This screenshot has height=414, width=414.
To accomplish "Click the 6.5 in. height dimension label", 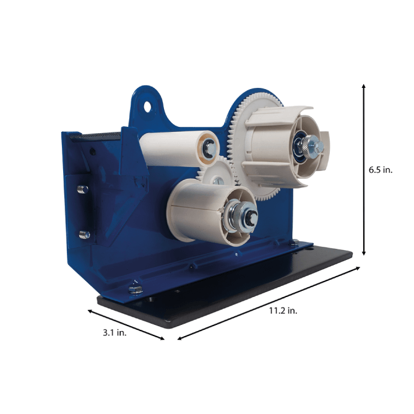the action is [x=381, y=170].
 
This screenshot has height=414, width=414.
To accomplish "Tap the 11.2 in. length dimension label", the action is [x=283, y=311].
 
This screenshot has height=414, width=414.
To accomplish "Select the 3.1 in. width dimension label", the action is [x=114, y=333].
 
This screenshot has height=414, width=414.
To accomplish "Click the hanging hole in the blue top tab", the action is [x=147, y=106].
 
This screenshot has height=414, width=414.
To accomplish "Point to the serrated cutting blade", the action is [x=95, y=137].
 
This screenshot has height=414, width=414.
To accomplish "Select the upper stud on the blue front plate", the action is [x=83, y=189].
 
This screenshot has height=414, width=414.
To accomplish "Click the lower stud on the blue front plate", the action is [x=85, y=235].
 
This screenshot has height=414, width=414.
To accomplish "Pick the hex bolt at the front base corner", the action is [x=136, y=289].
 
